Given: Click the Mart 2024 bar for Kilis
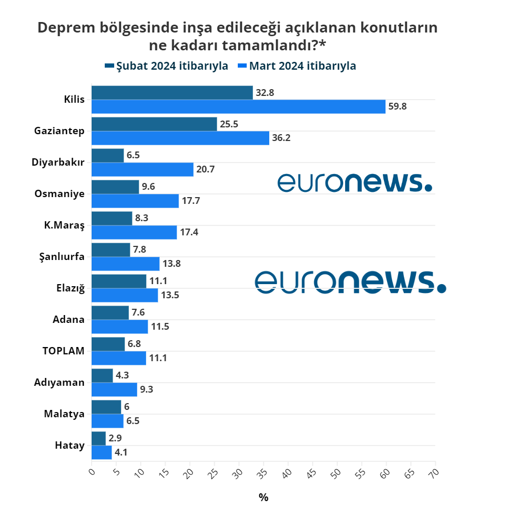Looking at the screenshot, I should [238, 107].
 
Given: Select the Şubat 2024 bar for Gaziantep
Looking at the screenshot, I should [154, 124].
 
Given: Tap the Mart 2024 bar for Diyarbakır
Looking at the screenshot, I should [142, 170].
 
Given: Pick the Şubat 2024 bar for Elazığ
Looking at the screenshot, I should [119, 281].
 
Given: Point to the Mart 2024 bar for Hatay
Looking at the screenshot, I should [102, 452].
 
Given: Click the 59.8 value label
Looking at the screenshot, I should [398, 107].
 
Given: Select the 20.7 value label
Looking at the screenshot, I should [205, 170].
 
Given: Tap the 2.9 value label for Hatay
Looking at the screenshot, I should [115, 438].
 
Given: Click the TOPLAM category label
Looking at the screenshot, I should [63, 351].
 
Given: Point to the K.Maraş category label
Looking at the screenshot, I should [64, 225].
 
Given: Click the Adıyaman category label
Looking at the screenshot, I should [59, 382].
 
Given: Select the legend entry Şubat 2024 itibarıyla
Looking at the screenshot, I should [166, 66].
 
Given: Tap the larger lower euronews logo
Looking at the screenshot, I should [350, 282].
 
